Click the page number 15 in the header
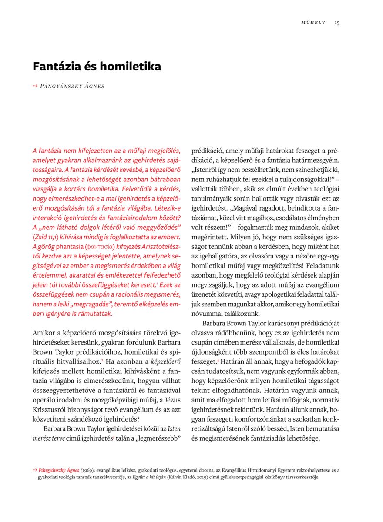tap(337, 23)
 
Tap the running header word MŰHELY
tap(313, 23)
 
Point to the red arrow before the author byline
tap(35, 86)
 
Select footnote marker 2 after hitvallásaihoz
tap(102, 360)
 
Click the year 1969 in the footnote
tap(87, 470)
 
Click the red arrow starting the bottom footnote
tap(35, 470)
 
